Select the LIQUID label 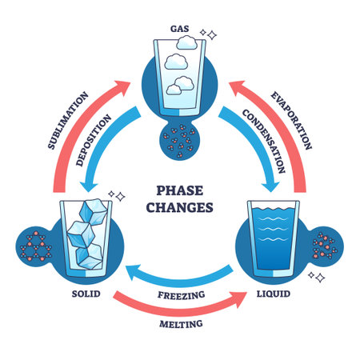tap(274, 294)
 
